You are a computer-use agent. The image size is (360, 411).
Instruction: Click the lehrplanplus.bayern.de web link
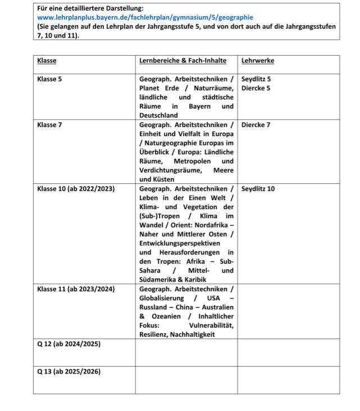(x=145, y=17)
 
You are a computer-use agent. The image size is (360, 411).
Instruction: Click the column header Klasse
(x=47, y=61)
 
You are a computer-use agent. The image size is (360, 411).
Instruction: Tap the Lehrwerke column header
(x=257, y=61)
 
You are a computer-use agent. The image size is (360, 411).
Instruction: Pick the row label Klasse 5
(x=49, y=79)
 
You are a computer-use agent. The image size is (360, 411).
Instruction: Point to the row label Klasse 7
(x=49, y=125)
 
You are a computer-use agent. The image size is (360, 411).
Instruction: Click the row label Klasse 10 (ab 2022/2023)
(x=76, y=189)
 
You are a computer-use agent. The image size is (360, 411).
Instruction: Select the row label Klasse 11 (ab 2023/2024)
(x=76, y=289)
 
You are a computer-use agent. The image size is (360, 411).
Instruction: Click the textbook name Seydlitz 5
(x=256, y=79)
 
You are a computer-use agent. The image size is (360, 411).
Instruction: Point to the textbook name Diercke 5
(x=256, y=88)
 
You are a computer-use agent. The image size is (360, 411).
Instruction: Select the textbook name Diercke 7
(x=256, y=125)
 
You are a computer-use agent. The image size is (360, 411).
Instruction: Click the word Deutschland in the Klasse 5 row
(x=158, y=115)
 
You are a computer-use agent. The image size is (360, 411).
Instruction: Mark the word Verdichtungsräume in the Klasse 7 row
(x=167, y=170)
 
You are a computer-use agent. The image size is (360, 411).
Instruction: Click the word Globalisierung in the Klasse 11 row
(x=163, y=298)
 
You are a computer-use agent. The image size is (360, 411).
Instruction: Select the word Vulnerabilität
(x=211, y=326)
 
